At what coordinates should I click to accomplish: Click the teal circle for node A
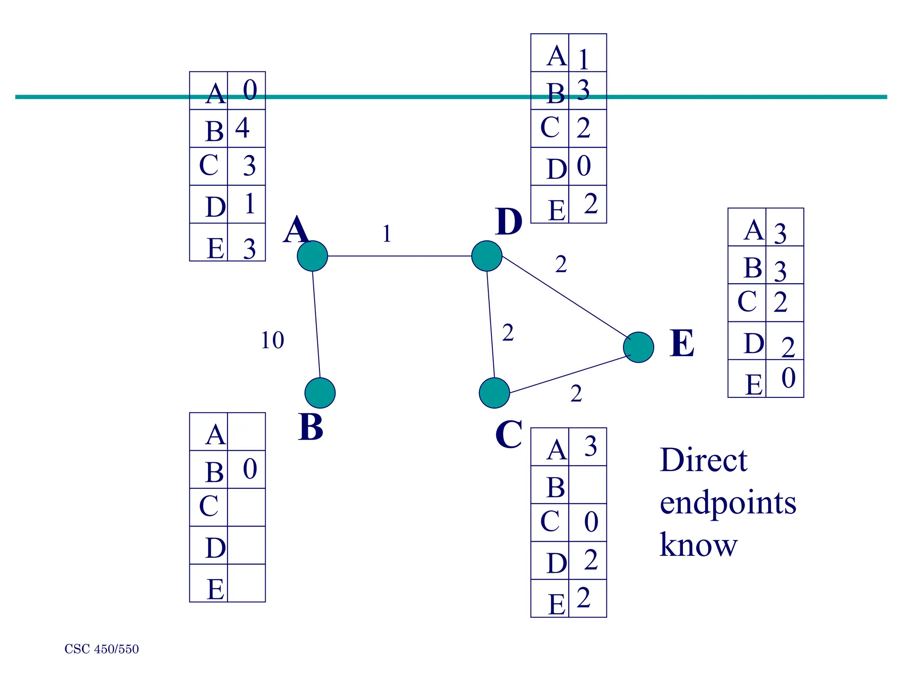click(312, 256)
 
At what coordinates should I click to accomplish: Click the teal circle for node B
click(320, 393)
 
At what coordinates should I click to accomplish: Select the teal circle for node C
click(494, 393)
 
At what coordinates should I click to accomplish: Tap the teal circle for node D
click(487, 256)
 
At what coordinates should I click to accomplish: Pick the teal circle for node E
click(639, 347)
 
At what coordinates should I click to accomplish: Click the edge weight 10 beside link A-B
click(272, 341)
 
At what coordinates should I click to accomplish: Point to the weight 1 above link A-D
click(387, 234)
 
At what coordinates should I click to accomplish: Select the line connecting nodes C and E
click(569, 374)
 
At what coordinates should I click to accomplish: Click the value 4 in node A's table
click(243, 128)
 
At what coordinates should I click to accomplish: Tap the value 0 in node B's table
click(250, 469)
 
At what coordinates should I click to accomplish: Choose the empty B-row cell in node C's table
click(587, 485)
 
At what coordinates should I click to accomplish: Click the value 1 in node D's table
click(584, 58)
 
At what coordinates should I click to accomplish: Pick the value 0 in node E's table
click(788, 378)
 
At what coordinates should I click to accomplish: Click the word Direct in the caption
click(703, 460)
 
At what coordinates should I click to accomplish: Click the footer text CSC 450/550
click(101, 649)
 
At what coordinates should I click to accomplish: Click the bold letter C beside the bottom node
click(509, 434)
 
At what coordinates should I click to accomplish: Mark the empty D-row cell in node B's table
click(246, 545)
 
